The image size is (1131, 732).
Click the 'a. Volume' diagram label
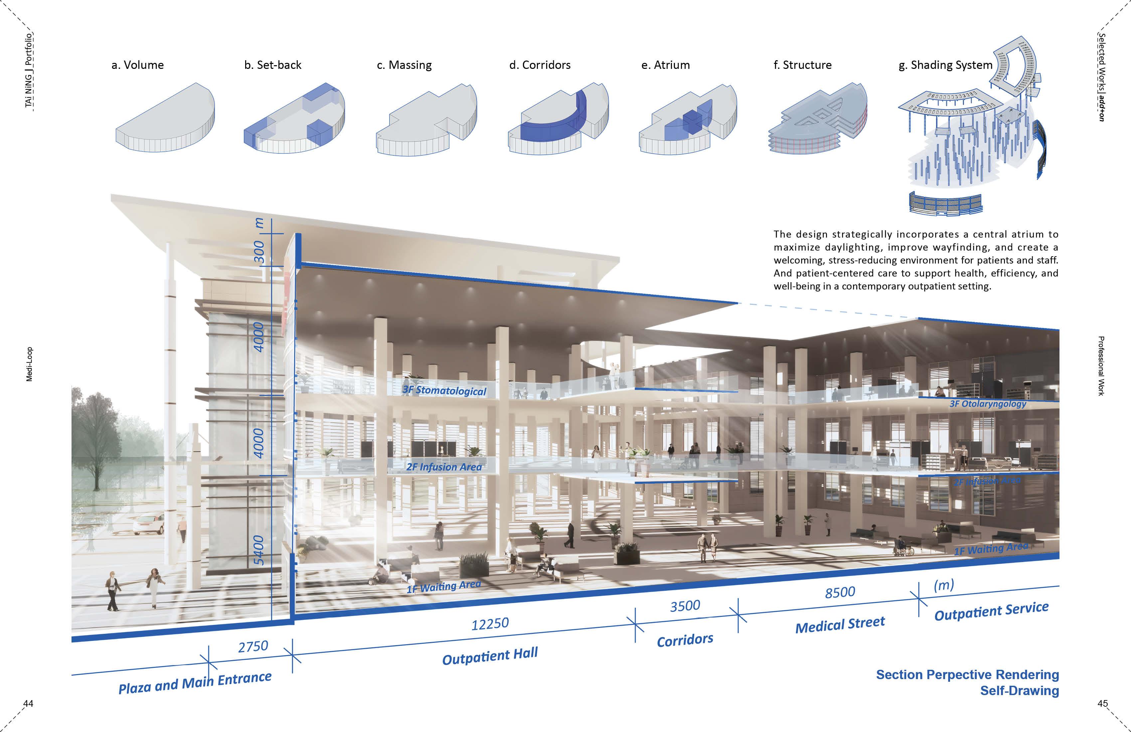pyautogui.click(x=137, y=65)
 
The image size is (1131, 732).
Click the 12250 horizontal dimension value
pyautogui.click(x=490, y=623)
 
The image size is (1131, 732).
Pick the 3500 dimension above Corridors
pyautogui.click(x=685, y=606)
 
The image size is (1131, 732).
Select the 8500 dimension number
pyautogui.click(x=840, y=593)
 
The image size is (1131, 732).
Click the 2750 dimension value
pyautogui.click(x=253, y=646)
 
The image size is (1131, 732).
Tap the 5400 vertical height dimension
pyautogui.click(x=258, y=550)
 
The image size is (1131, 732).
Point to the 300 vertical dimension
pyautogui.click(x=259, y=252)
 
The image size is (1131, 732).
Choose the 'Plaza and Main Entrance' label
pyautogui.click(x=195, y=682)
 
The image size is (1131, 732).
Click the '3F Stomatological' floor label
pyautogui.click(x=444, y=390)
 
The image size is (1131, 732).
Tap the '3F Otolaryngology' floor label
pyautogui.click(x=988, y=404)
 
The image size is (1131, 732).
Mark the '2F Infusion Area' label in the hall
pyautogui.click(x=444, y=467)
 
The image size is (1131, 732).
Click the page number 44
pyautogui.click(x=29, y=703)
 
